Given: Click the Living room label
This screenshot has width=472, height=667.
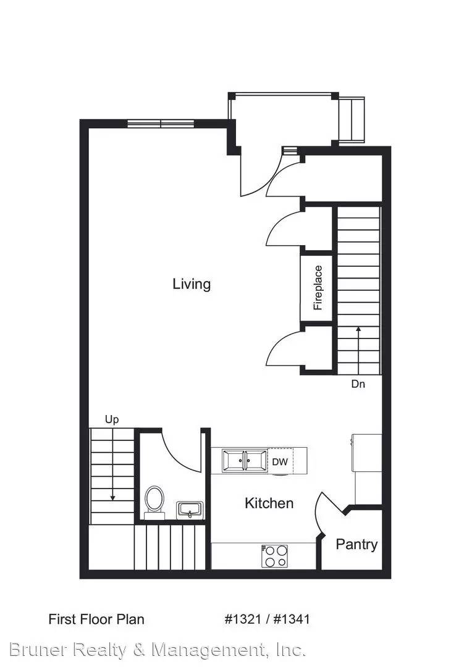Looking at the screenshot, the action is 192,284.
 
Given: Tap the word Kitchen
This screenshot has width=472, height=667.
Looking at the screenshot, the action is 269,503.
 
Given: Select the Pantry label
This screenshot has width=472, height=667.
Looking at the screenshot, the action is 356,545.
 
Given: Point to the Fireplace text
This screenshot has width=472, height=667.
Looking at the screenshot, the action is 318,288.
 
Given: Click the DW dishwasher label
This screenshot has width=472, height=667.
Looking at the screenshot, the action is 280,461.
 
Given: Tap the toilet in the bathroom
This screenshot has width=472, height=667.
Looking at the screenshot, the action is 154,503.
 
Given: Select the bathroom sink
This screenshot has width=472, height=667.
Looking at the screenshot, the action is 190,511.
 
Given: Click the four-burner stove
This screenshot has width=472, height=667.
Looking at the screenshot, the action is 274,556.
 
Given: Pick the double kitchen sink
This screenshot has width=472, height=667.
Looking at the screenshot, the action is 245,461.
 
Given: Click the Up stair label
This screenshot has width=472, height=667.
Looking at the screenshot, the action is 112,420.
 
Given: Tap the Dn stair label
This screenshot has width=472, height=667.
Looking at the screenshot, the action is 358,384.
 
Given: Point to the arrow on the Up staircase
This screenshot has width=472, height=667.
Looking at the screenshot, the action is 112,464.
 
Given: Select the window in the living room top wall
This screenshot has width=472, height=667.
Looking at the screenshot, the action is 161,124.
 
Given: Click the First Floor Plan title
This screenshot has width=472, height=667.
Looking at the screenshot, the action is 96,619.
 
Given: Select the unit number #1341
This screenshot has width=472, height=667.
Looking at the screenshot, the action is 292,619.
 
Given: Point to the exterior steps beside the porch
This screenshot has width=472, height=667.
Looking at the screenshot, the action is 352,121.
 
